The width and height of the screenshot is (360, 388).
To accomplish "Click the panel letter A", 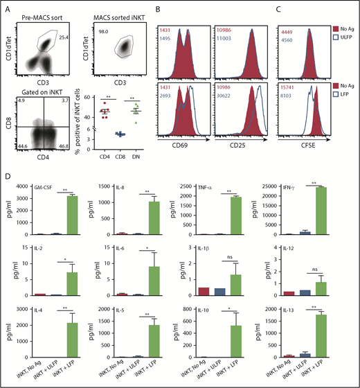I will (6, 6).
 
